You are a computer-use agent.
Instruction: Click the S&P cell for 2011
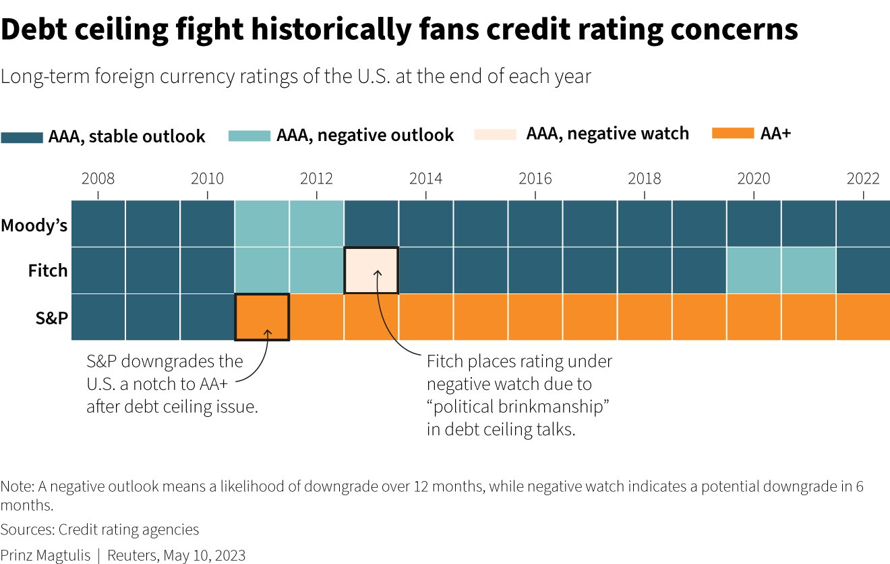point(262,317)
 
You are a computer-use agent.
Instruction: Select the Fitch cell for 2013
point(372,270)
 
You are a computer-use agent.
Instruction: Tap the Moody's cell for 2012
point(317,223)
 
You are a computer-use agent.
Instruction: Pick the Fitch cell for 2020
point(754,270)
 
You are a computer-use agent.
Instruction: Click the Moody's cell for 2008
point(98,223)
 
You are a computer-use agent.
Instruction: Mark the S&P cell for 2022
point(864,317)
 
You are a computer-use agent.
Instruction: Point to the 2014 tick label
point(425,179)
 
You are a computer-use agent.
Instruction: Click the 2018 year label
point(644,179)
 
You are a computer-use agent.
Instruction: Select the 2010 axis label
point(207,179)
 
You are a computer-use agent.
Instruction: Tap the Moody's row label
point(34,225)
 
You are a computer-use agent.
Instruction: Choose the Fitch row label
point(48,271)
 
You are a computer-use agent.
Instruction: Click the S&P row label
point(52,317)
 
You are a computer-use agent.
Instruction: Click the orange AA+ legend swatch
point(732,134)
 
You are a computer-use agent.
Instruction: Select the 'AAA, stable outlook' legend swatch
point(22,137)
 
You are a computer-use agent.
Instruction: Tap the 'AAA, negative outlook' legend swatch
point(249,135)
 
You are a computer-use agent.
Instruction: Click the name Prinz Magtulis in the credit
point(45,555)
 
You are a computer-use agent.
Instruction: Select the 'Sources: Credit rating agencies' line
point(100,530)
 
